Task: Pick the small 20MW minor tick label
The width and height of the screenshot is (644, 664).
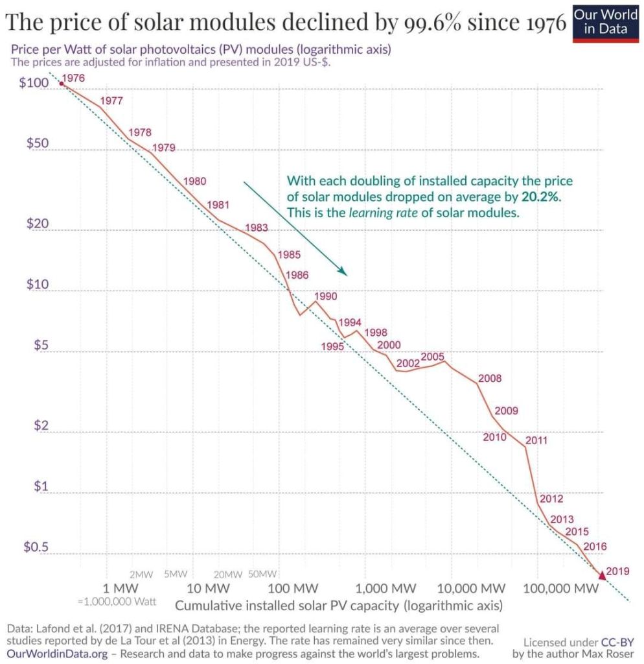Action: coord(227,574)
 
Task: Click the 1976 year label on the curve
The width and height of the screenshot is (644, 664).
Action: coord(74,78)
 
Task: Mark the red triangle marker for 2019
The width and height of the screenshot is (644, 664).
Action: coord(601,574)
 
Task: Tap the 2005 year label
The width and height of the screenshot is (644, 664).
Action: coord(432,357)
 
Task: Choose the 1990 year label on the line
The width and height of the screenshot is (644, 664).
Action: coord(326,296)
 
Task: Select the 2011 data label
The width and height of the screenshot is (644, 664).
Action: coord(536,441)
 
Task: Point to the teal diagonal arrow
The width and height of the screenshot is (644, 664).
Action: coord(295,228)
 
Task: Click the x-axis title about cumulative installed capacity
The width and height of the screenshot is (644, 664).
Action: coord(338,606)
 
